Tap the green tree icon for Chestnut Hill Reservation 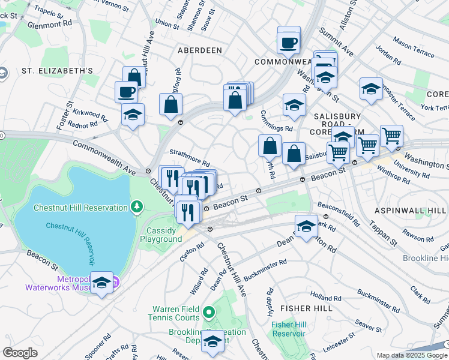[137, 208]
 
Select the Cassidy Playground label [161, 235]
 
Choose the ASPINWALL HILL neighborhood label [411, 211]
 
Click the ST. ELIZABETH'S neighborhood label [57, 71]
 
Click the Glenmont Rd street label [50, 25]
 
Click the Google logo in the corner [20, 352]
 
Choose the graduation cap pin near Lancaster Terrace [372, 89]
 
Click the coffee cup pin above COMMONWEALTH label [288, 43]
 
